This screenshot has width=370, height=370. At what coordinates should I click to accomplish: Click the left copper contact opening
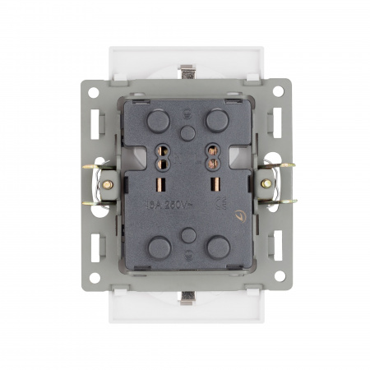pyautogui.click(x=157, y=155)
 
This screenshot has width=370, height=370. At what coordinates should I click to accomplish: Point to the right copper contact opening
pyautogui.click(x=215, y=155)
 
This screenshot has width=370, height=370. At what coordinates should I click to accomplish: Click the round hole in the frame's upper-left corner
pyautogui.click(x=94, y=92)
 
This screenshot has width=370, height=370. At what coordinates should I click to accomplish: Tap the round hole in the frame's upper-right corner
pyautogui.click(x=279, y=92)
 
